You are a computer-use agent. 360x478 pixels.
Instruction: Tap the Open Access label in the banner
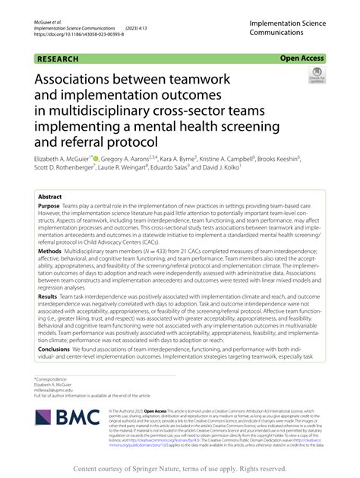302,57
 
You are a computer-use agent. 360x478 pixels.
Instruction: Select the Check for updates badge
316,75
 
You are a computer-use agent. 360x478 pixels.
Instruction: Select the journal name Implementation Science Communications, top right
292,29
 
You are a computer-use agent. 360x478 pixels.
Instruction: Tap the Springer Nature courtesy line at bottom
180,470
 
